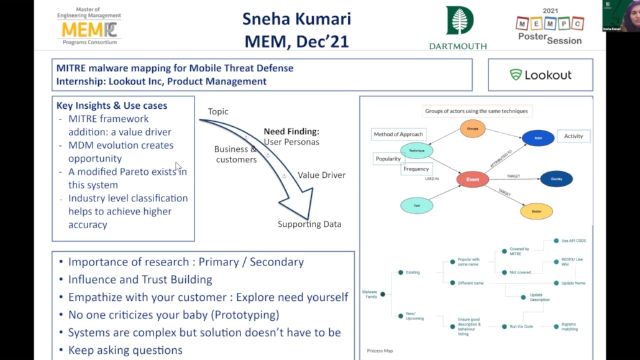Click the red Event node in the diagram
(472, 180)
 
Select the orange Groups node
(472, 129)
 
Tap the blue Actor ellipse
(537, 138)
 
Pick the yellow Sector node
(537, 211)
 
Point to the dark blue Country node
(556, 179)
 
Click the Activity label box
(574, 136)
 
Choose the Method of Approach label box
(398, 134)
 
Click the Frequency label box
(416, 168)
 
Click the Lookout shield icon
(516, 75)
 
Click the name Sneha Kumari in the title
(296, 19)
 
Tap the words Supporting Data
(309, 224)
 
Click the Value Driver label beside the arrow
(321, 175)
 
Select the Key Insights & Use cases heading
(112, 106)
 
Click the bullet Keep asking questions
(125, 350)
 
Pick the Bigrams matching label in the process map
(569, 326)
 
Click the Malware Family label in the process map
(370, 295)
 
